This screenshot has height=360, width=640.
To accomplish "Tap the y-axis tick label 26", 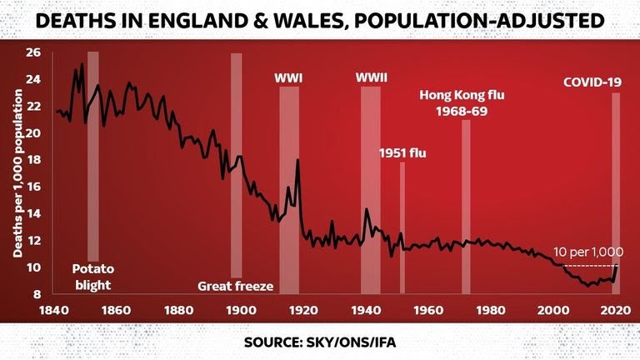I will pos(33,52).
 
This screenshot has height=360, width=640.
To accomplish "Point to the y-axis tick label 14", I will pos(33,213).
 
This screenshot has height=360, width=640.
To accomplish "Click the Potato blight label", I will pos(92,277).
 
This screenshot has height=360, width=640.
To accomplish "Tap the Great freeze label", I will pos(237,287).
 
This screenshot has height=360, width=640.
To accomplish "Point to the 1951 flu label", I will pos(402,153).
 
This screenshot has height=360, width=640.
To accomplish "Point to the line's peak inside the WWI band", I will pos(297,160).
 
